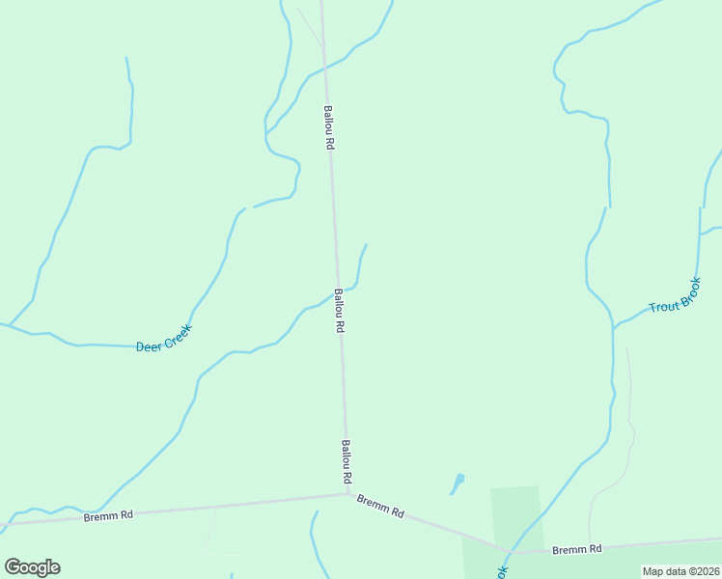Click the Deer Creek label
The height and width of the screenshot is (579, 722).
coord(164,337)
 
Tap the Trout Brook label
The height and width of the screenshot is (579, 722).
coord(675,293)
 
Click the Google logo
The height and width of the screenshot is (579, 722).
coord(32,566)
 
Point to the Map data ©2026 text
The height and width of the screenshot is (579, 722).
coord(680,571)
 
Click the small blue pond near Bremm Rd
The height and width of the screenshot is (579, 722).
coord(458,480)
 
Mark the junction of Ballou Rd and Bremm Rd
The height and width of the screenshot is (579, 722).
coord(347,494)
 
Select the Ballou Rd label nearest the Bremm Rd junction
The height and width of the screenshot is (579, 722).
coord(346,462)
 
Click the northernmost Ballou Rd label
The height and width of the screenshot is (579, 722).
coord(328,126)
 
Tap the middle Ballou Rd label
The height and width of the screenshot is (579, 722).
coord(339,310)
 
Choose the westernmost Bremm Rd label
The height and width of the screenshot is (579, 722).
coord(107,515)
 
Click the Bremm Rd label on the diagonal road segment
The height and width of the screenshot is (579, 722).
coord(380,507)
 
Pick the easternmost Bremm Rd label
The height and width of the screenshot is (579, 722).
coord(576,549)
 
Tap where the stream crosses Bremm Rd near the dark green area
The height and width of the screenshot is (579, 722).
coord(510,552)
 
